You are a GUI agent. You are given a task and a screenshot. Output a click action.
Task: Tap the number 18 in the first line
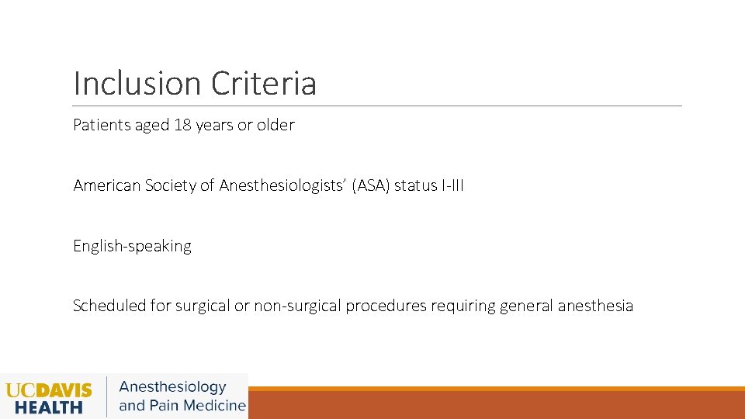(x=182, y=125)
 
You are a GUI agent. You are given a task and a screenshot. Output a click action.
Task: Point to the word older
(x=275, y=125)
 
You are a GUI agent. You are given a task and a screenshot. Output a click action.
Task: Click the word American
(x=107, y=185)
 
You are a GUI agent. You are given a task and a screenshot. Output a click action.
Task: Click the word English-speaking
(x=132, y=246)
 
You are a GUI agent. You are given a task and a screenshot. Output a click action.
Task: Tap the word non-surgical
(x=298, y=306)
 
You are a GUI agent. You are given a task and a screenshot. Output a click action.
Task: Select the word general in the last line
(x=527, y=306)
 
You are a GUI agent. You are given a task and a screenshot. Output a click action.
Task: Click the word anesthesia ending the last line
(x=595, y=306)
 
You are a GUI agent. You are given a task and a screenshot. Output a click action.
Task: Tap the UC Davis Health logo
(x=48, y=396)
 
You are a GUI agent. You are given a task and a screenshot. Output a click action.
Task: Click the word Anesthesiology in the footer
(x=172, y=386)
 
